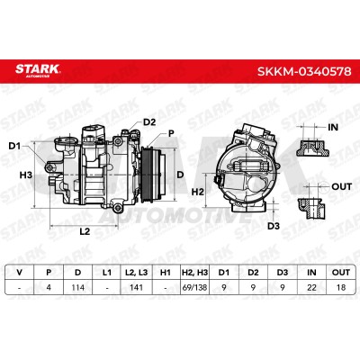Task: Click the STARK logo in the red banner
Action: point(38,70)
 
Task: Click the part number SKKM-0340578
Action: point(303,71)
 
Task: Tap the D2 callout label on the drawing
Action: point(149,122)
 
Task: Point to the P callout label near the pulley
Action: point(171,133)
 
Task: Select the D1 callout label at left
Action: point(14,146)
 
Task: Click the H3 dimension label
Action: point(26,175)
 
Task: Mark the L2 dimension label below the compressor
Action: point(85,231)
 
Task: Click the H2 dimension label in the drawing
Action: point(198,192)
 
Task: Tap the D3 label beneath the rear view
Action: point(274,226)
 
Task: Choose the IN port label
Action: point(333,127)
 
